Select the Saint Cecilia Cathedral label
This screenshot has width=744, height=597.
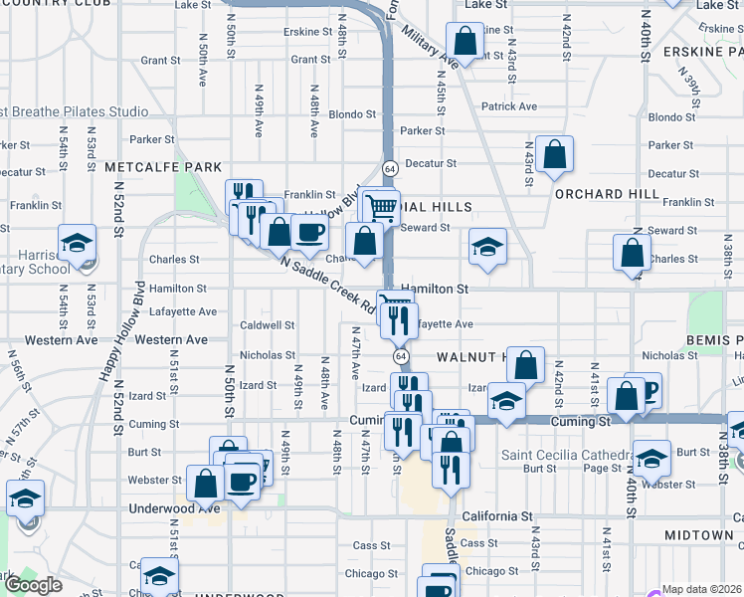(x=568, y=456)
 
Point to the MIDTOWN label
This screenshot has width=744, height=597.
(x=698, y=535)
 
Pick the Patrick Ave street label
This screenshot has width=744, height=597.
(x=509, y=106)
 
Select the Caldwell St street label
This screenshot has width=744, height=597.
(x=268, y=325)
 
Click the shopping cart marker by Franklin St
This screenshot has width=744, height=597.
(x=379, y=208)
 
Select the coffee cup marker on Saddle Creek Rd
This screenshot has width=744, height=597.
(x=309, y=233)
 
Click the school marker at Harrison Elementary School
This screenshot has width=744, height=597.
(x=76, y=243)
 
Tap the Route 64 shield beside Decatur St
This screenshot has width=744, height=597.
(x=389, y=167)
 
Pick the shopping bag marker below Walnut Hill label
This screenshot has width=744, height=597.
(x=527, y=365)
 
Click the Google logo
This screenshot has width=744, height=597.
(x=33, y=585)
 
